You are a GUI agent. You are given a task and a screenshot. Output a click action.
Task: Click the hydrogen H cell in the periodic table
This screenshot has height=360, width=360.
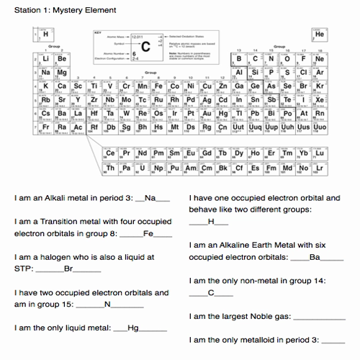(47, 34)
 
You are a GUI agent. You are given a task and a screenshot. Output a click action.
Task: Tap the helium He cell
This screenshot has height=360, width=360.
(320, 34)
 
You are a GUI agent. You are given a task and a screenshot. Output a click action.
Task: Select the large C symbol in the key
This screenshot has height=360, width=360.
(146, 46)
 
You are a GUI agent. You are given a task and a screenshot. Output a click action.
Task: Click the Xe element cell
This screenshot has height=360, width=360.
(320, 100)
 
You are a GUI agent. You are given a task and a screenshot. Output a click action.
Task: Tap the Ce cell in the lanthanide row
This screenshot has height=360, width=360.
(110, 153)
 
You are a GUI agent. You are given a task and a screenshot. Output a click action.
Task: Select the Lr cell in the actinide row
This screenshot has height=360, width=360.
(320, 168)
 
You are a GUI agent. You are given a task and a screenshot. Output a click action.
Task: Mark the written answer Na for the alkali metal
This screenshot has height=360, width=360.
(150, 198)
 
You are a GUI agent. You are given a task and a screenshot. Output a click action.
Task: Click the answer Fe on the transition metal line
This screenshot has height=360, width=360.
(148, 233)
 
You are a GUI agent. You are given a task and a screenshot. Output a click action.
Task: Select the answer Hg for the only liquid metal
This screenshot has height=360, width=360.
(132, 328)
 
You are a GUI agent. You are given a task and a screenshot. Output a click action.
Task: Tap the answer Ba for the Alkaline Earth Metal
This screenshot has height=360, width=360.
(315, 257)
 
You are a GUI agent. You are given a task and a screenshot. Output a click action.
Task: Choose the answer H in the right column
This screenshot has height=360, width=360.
(211, 222)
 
